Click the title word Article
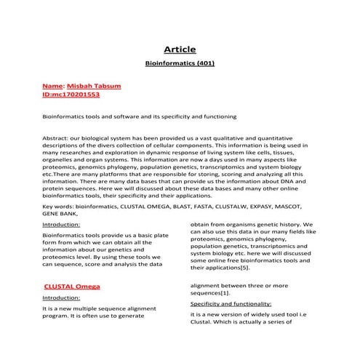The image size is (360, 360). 180,49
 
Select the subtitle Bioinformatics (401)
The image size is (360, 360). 180,63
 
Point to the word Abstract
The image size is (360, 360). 57,137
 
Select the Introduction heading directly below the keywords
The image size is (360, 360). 61,225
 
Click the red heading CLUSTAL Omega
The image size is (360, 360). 72,287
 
